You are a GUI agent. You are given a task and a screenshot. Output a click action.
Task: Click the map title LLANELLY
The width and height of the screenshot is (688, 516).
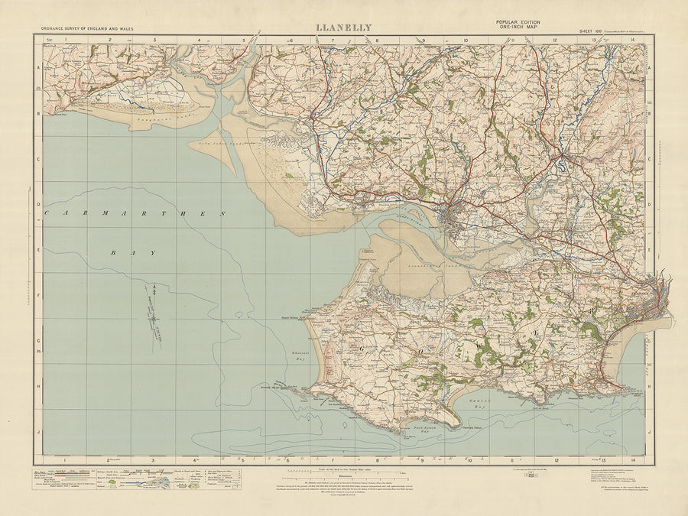(344, 28)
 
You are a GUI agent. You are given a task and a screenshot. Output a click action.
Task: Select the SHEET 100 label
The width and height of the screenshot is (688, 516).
(589, 31)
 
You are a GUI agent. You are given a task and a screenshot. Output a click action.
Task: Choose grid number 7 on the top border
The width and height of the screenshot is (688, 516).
(333, 40)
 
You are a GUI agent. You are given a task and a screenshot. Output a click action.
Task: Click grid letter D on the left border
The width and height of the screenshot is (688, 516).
(38, 204)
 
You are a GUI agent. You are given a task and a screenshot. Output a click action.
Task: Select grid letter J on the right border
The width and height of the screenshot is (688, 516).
(650, 431)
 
